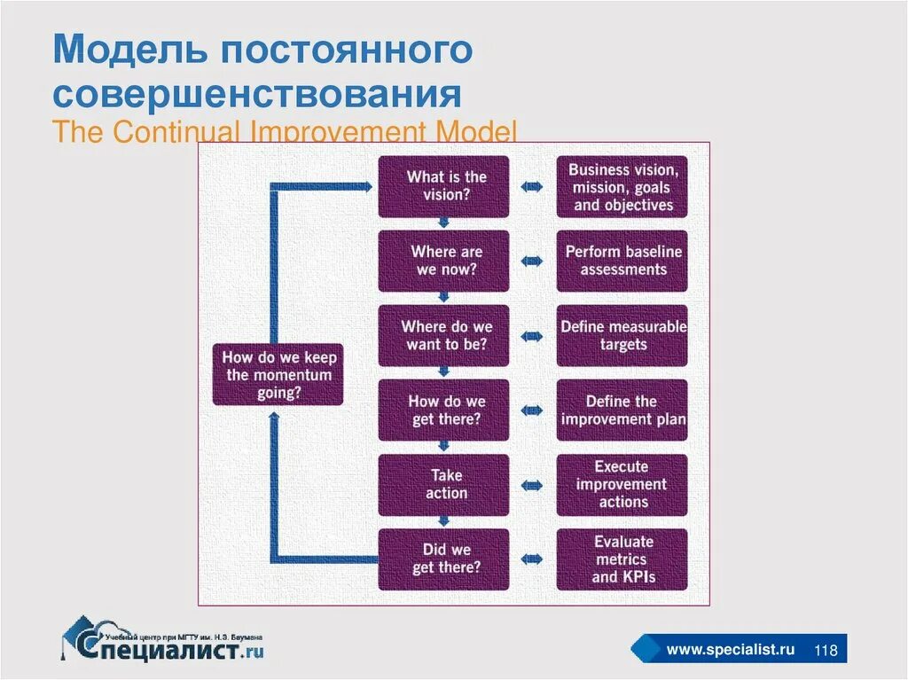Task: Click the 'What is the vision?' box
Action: point(444,186)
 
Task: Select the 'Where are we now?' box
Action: point(444,261)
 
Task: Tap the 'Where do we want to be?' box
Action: point(444,336)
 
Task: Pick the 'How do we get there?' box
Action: point(444,410)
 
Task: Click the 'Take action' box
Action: point(444,485)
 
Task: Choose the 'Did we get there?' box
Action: point(444,559)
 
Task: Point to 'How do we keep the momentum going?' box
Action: point(278,375)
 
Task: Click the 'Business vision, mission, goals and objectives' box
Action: point(622,186)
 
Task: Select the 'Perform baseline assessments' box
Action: point(622,261)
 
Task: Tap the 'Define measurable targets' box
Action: point(622,336)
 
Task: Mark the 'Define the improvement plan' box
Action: point(622,410)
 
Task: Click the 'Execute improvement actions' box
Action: point(622,485)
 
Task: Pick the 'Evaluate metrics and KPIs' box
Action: point(622,559)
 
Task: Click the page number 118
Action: point(826,651)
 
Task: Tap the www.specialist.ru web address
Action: point(730,650)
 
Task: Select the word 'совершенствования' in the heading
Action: point(257,95)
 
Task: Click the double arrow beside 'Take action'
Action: point(533,485)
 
